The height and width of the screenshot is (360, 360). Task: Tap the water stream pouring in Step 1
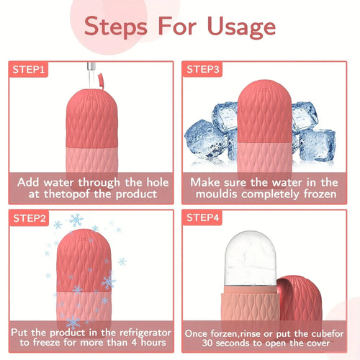(x=89, y=69)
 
